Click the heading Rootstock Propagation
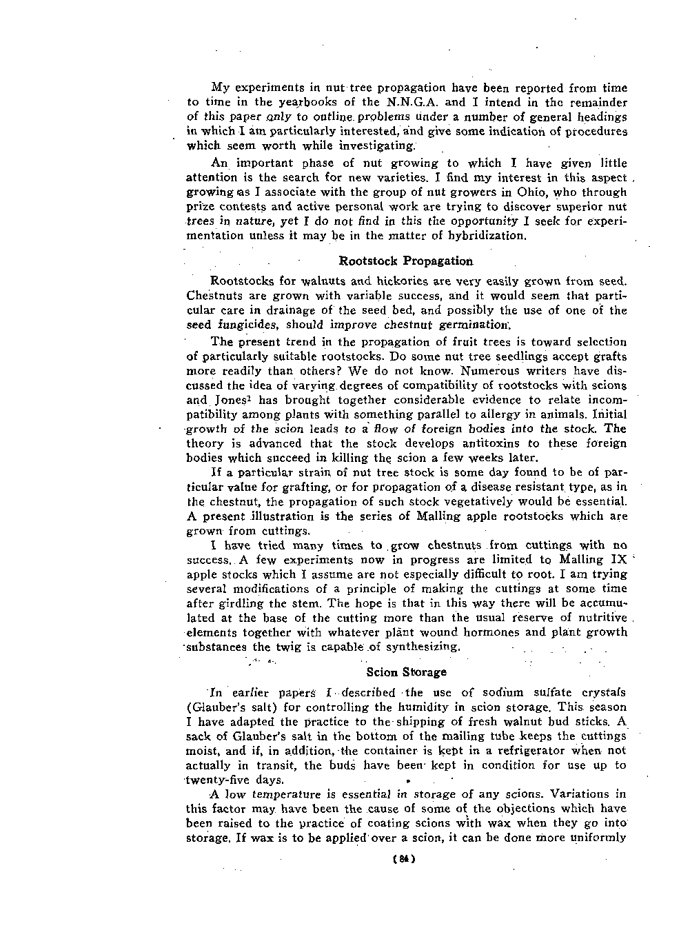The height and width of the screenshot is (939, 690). click(x=406, y=261)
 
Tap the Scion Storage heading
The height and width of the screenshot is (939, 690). click(x=407, y=672)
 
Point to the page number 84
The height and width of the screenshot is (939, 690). click(x=401, y=860)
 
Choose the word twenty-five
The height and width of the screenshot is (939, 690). click(x=220, y=780)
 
